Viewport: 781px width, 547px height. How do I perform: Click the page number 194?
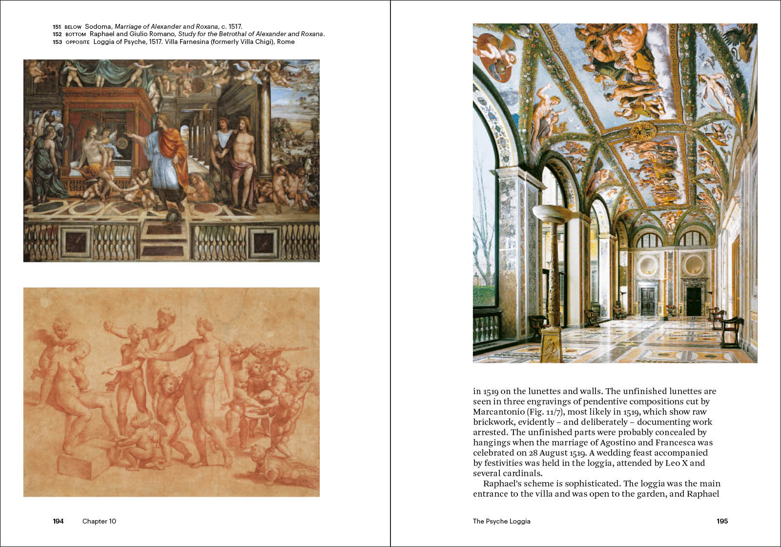(58, 521)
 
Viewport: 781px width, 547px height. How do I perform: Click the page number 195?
(722, 521)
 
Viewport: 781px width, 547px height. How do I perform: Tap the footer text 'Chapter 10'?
(99, 521)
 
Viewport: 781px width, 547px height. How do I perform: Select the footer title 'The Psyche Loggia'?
(501, 521)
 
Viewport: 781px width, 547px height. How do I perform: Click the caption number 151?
(57, 27)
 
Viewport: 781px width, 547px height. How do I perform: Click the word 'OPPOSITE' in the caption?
(78, 42)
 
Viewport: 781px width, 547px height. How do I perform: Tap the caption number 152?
(57, 34)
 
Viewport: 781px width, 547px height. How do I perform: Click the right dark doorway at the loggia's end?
(694, 301)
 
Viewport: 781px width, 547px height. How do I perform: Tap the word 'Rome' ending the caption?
(286, 42)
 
